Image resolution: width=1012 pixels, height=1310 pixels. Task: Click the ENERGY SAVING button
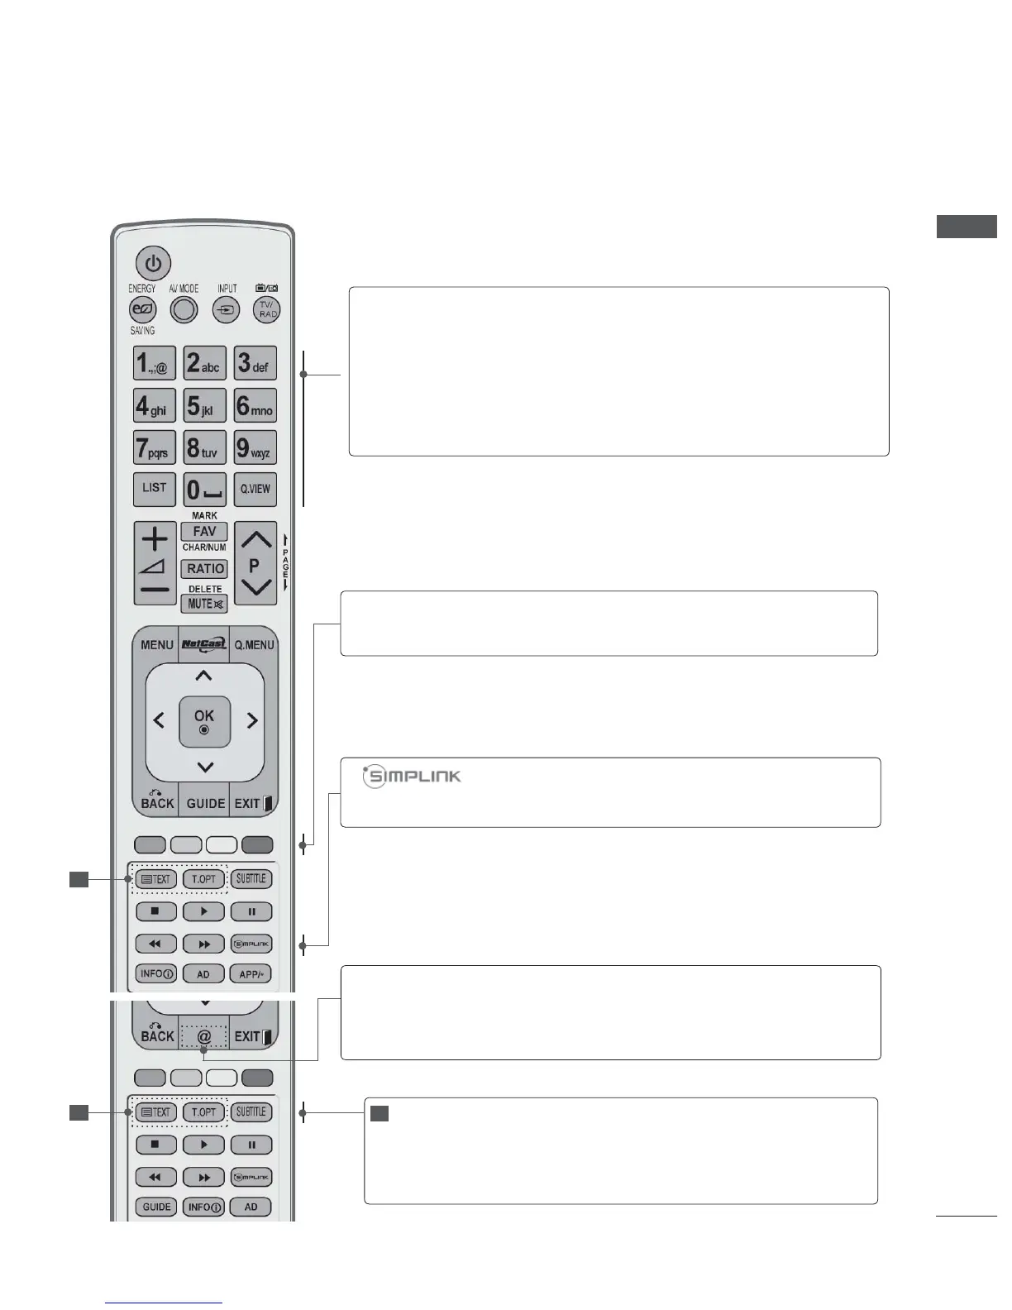point(143,310)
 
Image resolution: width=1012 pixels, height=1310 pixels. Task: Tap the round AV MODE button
point(184,310)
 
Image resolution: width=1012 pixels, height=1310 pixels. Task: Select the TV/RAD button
point(266,310)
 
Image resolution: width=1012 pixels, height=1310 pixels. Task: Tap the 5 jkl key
point(204,406)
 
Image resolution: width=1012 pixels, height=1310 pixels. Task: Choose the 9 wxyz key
point(255,448)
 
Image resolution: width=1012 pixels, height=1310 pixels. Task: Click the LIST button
point(155,489)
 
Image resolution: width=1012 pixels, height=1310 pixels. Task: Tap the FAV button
point(204,532)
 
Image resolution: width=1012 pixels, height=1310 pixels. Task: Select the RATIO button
point(205,569)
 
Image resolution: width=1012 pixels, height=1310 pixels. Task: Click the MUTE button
point(205,604)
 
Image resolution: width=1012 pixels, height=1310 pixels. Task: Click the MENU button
point(157,645)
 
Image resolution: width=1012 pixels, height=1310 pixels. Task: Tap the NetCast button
point(203,644)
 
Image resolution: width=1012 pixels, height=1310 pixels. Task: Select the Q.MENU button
point(254,645)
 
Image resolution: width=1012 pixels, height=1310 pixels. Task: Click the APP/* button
point(251,974)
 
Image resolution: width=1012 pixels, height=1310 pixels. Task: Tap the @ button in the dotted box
point(203,1037)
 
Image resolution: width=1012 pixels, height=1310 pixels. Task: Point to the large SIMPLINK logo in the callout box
point(413,777)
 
